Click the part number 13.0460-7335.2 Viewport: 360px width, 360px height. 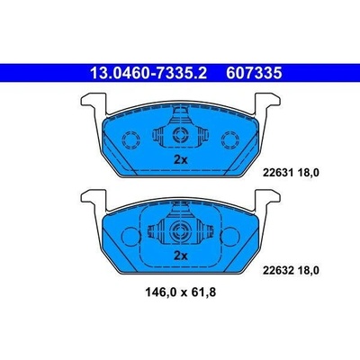(148, 73)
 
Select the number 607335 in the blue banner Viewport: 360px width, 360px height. (254, 73)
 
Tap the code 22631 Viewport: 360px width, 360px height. (275, 173)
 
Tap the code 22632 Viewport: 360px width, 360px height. (275, 271)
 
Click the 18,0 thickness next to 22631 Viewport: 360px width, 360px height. (307, 173)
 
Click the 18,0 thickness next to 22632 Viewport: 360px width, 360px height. (307, 271)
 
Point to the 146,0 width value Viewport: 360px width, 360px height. (161, 292)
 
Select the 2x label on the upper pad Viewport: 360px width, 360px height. (181, 160)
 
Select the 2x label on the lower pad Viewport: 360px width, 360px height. (181, 256)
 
